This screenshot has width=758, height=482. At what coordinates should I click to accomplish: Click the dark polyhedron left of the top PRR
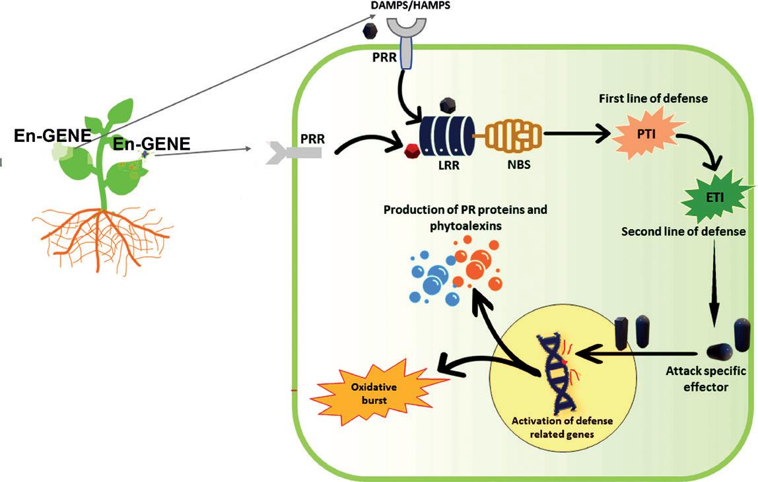(370, 30)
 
